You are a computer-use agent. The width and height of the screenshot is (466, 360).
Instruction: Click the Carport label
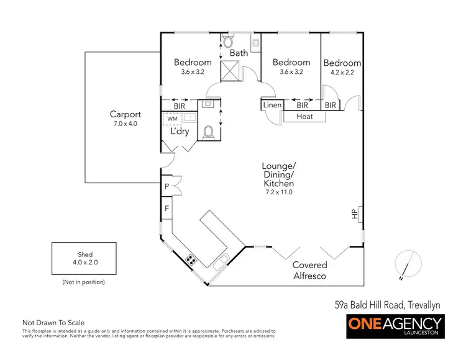tap(125, 114)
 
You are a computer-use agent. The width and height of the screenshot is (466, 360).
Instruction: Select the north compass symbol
tap(405, 264)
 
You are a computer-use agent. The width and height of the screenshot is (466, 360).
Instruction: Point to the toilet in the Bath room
tap(227, 42)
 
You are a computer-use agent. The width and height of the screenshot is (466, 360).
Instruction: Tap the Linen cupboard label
tap(272, 106)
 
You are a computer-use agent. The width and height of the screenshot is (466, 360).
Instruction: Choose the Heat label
tap(304, 117)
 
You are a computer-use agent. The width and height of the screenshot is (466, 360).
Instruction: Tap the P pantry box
tap(167, 186)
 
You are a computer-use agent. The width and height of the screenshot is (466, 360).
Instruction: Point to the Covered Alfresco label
tap(310, 270)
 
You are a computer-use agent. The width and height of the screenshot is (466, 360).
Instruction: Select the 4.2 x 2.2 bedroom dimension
tap(342, 73)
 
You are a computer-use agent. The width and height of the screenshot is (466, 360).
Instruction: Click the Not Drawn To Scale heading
tap(53, 323)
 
